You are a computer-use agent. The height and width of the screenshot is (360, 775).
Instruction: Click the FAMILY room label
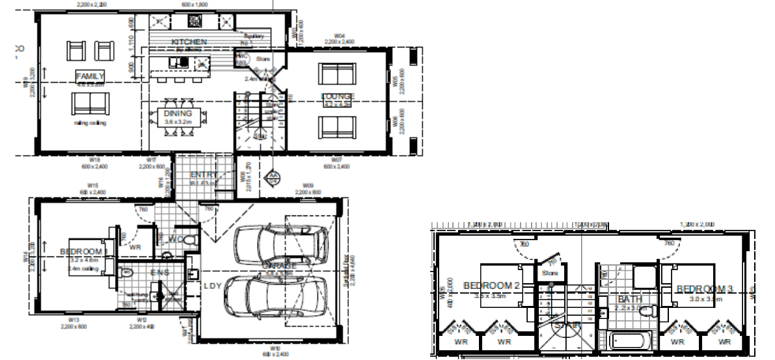[90, 76]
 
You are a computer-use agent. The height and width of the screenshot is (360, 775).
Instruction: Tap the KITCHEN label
[189, 42]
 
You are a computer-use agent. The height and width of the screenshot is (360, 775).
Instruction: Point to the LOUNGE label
[337, 97]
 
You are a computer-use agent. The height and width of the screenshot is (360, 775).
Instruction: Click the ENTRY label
[203, 175]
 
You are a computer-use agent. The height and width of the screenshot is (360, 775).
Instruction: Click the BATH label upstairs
[630, 299]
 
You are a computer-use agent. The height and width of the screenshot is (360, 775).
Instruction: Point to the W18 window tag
[94, 159]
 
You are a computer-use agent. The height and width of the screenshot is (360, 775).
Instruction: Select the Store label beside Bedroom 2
[549, 273]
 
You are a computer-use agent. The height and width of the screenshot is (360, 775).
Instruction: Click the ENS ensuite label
[159, 273]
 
